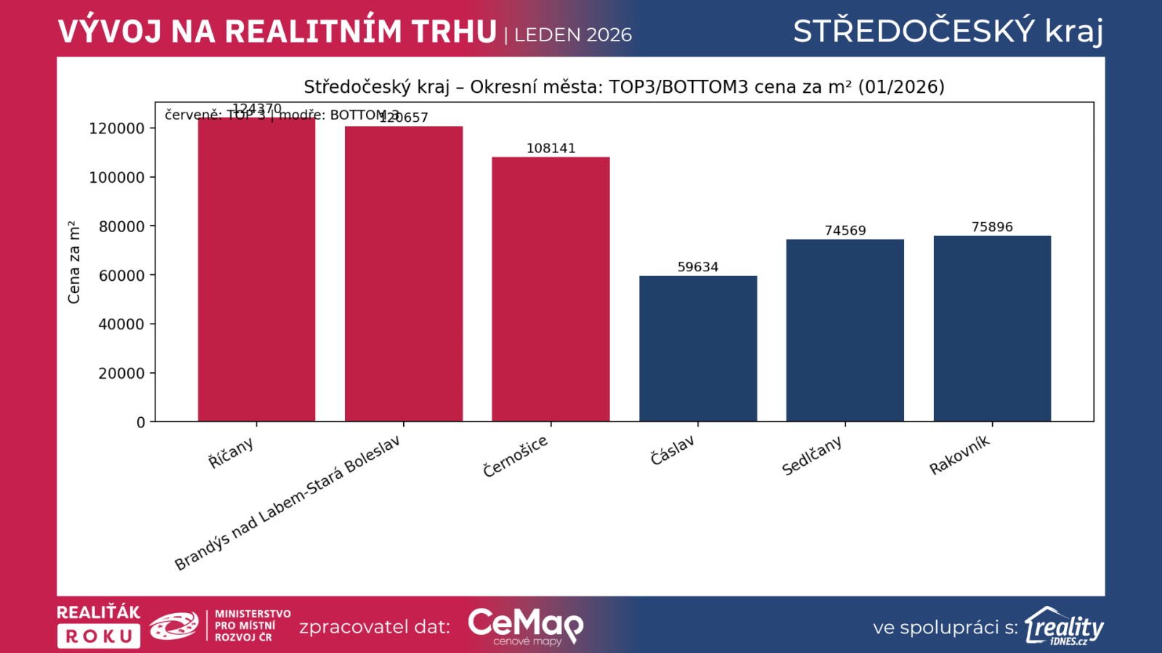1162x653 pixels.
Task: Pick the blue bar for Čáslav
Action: coord(698,348)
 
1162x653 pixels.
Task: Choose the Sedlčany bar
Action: coord(845,330)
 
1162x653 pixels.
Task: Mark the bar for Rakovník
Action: coord(992,328)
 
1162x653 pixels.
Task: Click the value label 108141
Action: coord(550,148)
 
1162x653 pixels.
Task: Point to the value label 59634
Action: coord(698,267)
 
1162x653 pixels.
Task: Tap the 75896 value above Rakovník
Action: coord(992,227)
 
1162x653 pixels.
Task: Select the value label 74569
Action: coord(845,231)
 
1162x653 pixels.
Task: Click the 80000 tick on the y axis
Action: coord(121,226)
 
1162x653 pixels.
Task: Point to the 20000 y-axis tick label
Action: coord(121,374)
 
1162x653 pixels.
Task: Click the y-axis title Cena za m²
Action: coord(74,262)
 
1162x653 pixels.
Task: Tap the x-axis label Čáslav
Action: coord(673,451)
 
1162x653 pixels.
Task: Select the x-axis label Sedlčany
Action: coord(812,456)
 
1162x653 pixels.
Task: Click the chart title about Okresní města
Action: coord(624,87)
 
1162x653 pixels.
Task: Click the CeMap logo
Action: coord(525,625)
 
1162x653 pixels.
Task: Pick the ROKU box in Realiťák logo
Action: coord(99,636)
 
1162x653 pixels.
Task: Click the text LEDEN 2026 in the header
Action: coord(573,35)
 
